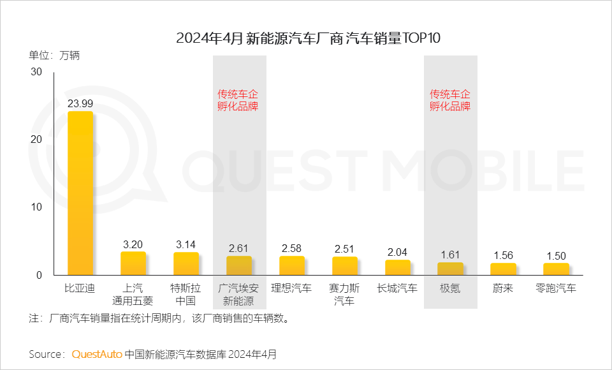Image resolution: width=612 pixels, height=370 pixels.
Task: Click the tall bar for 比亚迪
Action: pyautogui.click(x=80, y=193)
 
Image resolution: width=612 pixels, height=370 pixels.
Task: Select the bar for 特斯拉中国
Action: pyautogui.click(x=186, y=263)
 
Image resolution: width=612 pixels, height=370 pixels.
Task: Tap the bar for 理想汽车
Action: pyautogui.click(x=292, y=265)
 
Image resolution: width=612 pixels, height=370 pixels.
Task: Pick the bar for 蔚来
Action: pyautogui.click(x=503, y=269)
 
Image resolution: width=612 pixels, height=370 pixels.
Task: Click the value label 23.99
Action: pyautogui.click(x=80, y=103)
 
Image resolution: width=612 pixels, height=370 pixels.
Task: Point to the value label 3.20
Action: pyautogui.click(x=133, y=244)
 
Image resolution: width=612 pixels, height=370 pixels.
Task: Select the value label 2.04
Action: pyautogui.click(x=397, y=252)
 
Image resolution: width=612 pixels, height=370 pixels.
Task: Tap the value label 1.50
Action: pyautogui.click(x=556, y=255)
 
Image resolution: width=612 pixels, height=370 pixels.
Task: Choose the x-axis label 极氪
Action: pyautogui.click(x=450, y=288)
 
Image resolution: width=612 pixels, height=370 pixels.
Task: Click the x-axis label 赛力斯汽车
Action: pyautogui.click(x=345, y=294)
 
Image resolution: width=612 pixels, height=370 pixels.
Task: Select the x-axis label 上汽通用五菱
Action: pyautogui.click(x=133, y=294)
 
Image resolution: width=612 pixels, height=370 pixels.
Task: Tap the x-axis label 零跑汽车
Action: pyautogui.click(x=556, y=288)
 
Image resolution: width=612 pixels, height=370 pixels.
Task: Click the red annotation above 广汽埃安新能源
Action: pyautogui.click(x=239, y=100)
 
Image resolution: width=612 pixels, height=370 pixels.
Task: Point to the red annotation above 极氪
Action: pyautogui.click(x=450, y=100)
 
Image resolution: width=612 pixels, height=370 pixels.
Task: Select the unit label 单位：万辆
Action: pyautogui.click(x=54, y=55)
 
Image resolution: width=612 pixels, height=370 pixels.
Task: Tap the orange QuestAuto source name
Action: pyautogui.click(x=97, y=353)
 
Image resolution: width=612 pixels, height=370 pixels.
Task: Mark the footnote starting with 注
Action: pyautogui.click(x=159, y=318)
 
